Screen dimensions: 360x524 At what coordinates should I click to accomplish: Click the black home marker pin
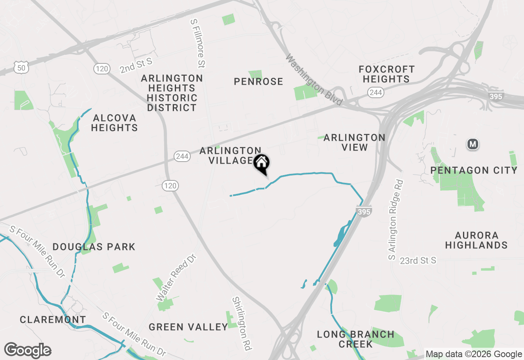point(262,164)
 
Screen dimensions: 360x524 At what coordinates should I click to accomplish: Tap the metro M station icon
point(473,144)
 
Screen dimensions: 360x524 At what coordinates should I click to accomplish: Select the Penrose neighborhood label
point(258,82)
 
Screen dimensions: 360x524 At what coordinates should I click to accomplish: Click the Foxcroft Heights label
point(386,74)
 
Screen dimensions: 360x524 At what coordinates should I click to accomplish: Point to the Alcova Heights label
point(114,123)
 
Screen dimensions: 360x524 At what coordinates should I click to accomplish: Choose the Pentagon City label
point(474,170)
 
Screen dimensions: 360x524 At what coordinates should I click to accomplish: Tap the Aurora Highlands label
point(477,240)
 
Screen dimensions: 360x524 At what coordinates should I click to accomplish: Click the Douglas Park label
point(94,247)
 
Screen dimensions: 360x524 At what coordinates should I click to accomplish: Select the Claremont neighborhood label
point(53,319)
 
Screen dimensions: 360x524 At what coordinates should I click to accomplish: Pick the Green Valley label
point(188,327)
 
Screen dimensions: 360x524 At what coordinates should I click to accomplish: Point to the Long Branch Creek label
point(355,339)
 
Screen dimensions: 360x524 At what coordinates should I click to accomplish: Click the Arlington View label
point(354,142)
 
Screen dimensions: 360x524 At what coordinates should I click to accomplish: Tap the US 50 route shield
point(21,68)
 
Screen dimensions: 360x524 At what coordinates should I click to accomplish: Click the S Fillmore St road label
point(198,43)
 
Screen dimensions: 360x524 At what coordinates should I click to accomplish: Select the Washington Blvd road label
point(313,80)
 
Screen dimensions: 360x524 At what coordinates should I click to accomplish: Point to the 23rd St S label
point(418,261)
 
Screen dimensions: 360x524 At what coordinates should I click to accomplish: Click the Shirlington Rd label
point(241,324)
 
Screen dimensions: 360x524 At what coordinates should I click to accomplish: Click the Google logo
point(27,350)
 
